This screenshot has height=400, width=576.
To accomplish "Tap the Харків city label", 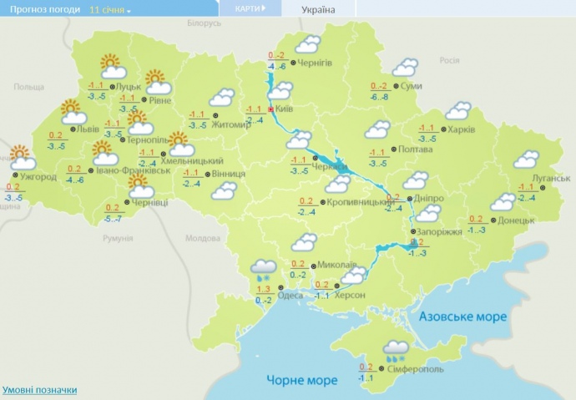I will (462, 129).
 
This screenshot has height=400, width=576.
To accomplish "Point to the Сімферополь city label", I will (416, 369).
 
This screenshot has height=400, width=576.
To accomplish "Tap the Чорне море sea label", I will (302, 380).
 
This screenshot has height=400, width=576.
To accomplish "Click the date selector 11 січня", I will (110, 10).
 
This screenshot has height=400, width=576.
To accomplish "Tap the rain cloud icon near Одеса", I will (266, 268).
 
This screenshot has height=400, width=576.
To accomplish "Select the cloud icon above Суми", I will (405, 68).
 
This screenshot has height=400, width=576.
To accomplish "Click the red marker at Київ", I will (271, 109).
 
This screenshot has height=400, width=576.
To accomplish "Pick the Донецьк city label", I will (515, 220).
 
